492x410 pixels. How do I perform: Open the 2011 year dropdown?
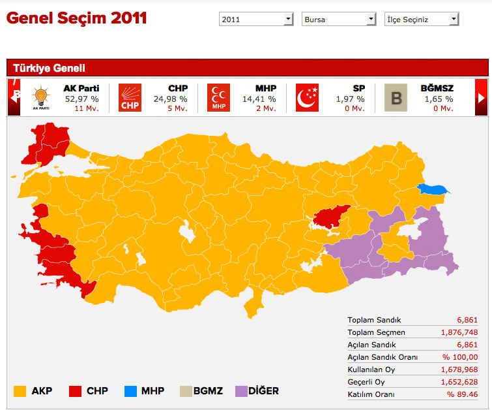256,20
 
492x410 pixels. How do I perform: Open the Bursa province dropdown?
340,20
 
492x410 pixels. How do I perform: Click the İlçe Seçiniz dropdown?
422,20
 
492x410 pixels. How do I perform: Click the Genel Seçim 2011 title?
76,18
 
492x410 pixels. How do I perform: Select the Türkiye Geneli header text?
49,68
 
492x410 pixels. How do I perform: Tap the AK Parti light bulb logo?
40,98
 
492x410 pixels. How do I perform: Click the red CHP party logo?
130,98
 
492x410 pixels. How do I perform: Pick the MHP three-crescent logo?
218,98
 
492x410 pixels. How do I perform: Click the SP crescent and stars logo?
307,98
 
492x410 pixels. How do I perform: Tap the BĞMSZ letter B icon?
396,98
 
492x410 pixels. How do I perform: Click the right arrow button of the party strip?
482,97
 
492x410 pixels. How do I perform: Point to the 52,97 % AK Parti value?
81,99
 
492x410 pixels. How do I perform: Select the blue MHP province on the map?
434,190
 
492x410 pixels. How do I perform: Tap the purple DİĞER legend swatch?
239,391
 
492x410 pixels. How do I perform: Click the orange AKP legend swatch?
20,391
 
